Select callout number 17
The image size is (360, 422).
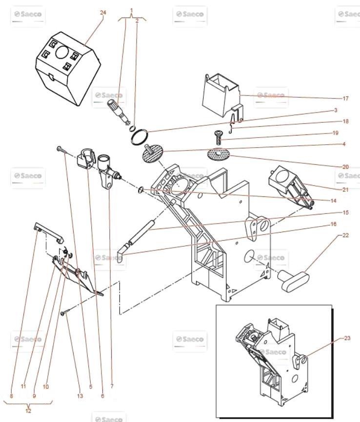coord(345,98)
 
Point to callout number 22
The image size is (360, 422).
coord(345,235)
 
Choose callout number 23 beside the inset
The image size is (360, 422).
coord(347,337)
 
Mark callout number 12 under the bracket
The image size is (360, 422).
coord(28,410)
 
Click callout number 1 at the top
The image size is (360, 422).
coord(131,10)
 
